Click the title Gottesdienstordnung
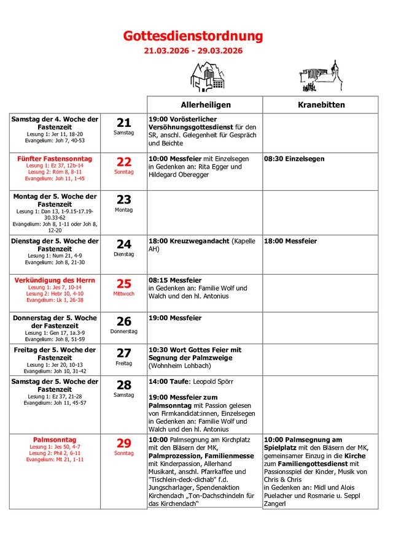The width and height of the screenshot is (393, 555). [193, 37]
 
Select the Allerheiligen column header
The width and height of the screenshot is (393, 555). [205, 105]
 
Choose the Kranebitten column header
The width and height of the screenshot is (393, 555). [321, 105]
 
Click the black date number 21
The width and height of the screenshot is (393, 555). [124, 123]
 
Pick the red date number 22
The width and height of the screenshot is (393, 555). [124, 162]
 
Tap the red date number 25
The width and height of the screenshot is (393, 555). [124, 283]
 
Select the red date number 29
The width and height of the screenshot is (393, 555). [124, 443]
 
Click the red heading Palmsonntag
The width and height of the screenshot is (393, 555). [55, 440]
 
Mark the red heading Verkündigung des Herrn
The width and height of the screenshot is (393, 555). [55, 280]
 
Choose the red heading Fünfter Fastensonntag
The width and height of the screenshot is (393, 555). [55, 158]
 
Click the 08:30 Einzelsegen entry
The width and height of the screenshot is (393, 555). [294, 159]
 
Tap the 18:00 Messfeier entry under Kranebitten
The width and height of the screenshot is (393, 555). [290, 242]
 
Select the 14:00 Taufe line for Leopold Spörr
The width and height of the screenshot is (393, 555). [182, 381]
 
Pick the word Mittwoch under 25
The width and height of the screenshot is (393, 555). [124, 294]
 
